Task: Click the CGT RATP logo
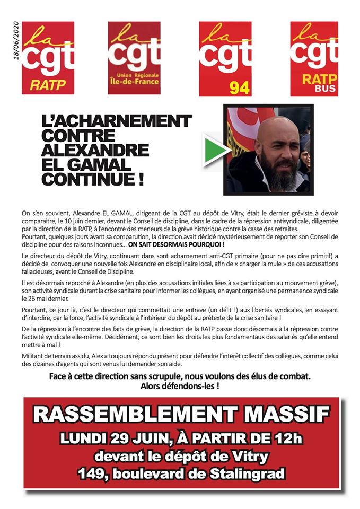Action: (x=47, y=58)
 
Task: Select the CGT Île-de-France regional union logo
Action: (x=134, y=58)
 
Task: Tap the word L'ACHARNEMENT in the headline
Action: (x=117, y=121)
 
